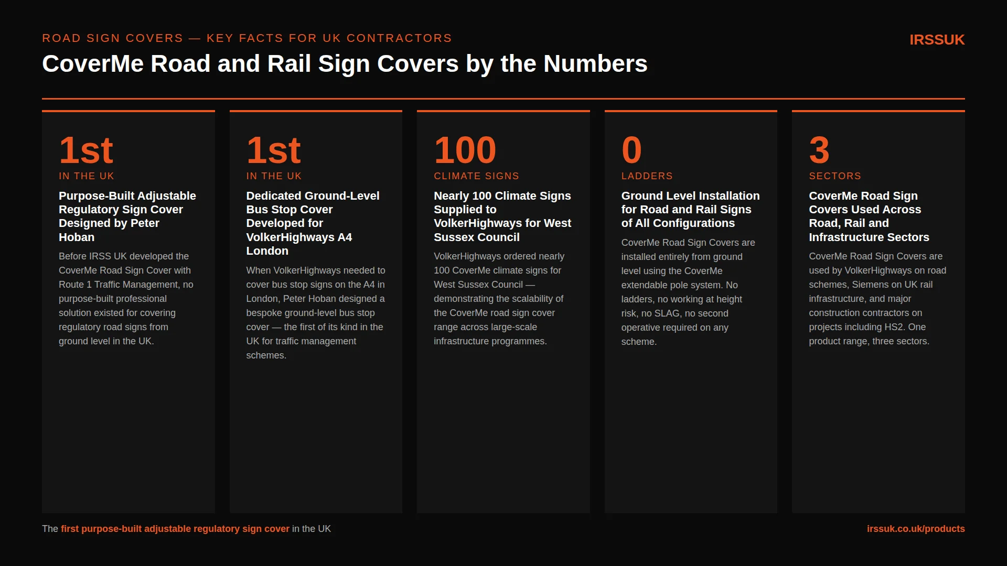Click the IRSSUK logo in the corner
(937, 40)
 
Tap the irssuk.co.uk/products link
(916, 529)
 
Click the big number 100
(465, 150)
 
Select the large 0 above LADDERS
(631, 150)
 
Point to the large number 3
(819, 150)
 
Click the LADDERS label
(647, 176)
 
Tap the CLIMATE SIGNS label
(476, 176)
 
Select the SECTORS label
(835, 176)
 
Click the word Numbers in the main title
(596, 64)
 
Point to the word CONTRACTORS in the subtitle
(399, 38)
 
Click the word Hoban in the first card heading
(77, 237)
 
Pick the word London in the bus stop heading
(267, 251)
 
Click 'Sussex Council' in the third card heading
(477, 237)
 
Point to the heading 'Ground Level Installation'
(690, 195)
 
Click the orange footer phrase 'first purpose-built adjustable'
(126, 529)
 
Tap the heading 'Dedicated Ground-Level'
(313, 195)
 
